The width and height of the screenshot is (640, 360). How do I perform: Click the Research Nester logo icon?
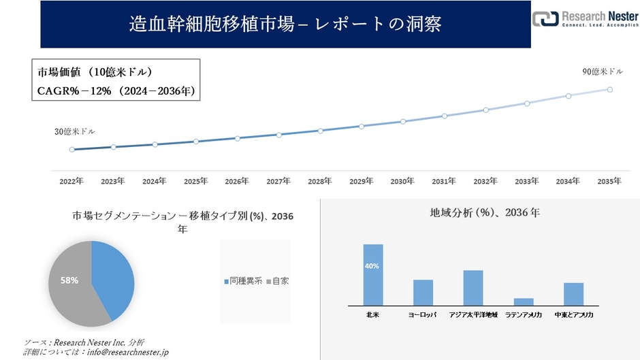[x=545, y=20]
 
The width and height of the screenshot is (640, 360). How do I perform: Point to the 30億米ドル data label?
[x=75, y=131]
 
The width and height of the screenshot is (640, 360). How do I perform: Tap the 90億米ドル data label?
[x=603, y=71]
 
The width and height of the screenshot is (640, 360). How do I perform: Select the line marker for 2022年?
[x=71, y=150]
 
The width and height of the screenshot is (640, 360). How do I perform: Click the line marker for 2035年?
[x=609, y=89]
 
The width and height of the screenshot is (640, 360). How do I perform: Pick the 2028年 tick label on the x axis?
[x=319, y=182]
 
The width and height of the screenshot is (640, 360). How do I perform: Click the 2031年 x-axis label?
[x=443, y=182]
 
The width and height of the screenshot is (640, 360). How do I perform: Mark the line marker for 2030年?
[x=402, y=122]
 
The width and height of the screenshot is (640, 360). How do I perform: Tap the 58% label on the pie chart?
[x=69, y=280]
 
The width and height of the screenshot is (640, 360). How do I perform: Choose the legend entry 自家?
[x=278, y=280]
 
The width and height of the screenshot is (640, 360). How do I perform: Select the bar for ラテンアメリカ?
[x=524, y=301]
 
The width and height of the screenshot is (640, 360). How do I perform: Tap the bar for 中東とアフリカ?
[x=573, y=294]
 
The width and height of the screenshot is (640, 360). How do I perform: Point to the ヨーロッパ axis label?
[x=423, y=316]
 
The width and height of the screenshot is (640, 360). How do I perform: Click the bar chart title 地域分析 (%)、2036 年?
[x=485, y=213]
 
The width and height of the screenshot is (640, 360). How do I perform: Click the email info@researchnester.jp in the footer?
[x=125, y=352]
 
